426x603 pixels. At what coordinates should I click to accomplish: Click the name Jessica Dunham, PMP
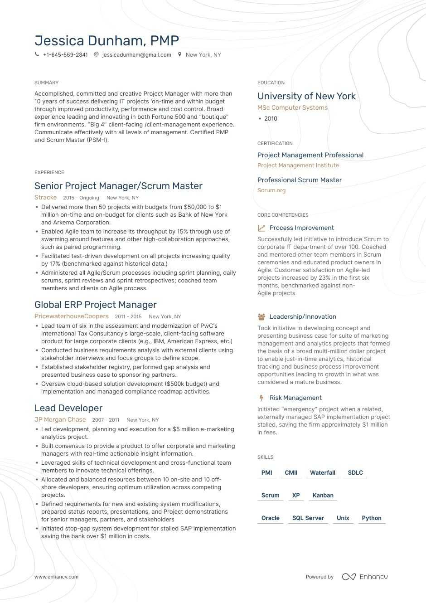click(106, 41)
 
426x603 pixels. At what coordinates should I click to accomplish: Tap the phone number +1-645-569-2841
click(65, 55)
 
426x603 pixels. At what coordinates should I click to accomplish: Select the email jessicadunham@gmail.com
click(136, 55)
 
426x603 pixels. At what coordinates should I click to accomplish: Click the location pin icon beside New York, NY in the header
click(180, 54)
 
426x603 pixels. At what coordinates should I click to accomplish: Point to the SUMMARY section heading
click(46, 83)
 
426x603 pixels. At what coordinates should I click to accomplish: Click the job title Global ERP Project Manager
click(95, 305)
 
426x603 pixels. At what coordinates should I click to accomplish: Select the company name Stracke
click(45, 198)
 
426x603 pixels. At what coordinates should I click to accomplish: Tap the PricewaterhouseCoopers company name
click(72, 316)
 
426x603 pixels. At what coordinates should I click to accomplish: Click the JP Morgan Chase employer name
click(60, 420)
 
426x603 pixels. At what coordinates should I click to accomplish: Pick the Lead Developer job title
click(68, 408)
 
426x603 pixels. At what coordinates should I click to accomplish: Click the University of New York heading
click(306, 96)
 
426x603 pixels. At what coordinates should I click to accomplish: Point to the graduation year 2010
click(271, 119)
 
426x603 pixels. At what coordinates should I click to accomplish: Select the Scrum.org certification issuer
click(271, 190)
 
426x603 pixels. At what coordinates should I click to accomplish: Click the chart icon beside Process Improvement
click(261, 228)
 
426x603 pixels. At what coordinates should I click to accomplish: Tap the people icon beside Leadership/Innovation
click(261, 317)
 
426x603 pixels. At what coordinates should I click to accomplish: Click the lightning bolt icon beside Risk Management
click(261, 398)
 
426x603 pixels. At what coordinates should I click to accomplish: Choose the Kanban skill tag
click(323, 496)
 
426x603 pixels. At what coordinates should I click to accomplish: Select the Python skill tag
click(371, 518)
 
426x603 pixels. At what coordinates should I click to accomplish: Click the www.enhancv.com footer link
click(56, 577)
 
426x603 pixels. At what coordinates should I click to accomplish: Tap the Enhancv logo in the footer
click(365, 577)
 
